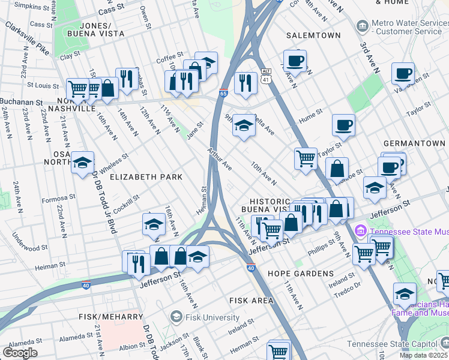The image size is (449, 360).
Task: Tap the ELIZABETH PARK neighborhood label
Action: [x=146, y=177]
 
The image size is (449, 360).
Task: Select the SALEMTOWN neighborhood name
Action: [x=309, y=35]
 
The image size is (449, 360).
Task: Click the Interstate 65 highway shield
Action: [x=223, y=94]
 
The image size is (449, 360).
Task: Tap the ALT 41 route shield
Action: [x=266, y=75]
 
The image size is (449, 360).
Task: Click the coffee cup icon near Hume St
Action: [x=343, y=125]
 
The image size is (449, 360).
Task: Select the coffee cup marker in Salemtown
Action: [x=295, y=60]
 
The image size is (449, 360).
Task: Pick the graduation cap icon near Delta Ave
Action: [x=243, y=125]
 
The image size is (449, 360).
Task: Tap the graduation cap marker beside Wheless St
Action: [x=82, y=162]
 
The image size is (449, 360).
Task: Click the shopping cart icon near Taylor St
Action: [x=306, y=158]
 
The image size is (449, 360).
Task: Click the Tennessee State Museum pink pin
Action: [x=361, y=230]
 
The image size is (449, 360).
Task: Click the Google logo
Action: [x=20, y=353]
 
